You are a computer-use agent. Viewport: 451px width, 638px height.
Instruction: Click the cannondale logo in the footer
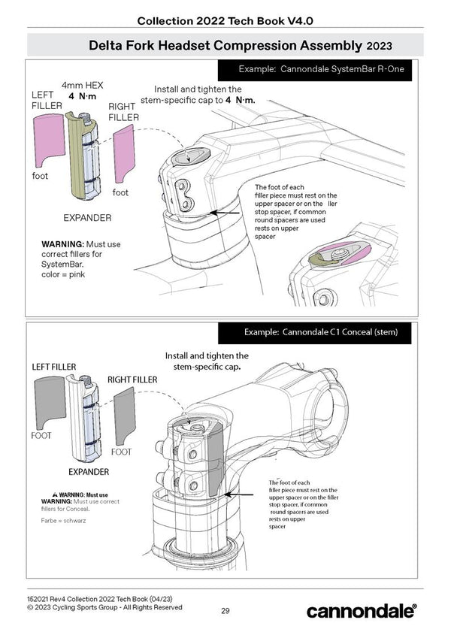(361, 611)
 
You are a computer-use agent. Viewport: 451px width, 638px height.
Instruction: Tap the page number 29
(225, 610)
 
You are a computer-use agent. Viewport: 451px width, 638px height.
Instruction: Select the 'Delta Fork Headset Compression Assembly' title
(225, 46)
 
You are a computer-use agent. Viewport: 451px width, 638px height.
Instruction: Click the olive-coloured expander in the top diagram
(80, 154)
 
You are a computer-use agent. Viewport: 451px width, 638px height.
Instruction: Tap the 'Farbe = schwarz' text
(64, 520)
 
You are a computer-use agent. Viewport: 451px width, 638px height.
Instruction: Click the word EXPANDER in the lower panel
(88, 472)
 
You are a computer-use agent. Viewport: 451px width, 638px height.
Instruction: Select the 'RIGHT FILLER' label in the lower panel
(132, 379)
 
